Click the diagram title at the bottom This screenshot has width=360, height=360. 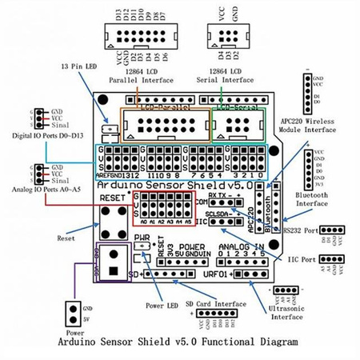(179, 341)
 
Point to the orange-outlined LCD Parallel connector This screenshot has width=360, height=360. (166, 126)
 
